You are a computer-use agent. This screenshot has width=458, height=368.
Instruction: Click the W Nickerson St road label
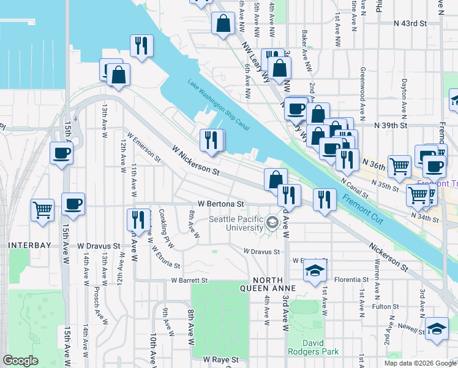point(195,159)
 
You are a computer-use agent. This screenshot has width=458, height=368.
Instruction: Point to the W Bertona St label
point(221,203)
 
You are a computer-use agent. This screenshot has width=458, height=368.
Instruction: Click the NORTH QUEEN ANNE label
point(268,284)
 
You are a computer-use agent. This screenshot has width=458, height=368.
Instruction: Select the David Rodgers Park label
point(320,347)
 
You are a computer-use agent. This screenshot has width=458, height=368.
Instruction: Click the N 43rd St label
point(409,23)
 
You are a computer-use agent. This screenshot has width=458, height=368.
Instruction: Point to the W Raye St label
point(220,359)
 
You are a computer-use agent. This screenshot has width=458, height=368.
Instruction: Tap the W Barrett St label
point(190,280)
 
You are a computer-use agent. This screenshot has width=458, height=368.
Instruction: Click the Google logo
point(21,361)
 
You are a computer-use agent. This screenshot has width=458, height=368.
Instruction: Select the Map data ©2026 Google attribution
point(420,363)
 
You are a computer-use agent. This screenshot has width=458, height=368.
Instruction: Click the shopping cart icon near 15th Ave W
point(42,210)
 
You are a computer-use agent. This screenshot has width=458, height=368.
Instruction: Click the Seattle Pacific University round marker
point(273,224)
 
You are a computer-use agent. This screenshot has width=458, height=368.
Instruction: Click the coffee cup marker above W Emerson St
point(61,153)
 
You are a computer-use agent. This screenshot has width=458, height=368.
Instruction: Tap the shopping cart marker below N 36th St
point(399,165)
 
